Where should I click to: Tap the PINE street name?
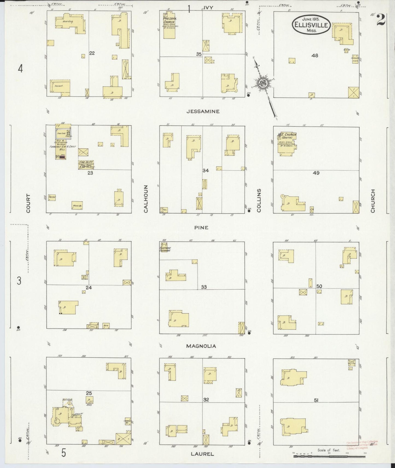point(201,227)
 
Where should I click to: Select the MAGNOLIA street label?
point(201,346)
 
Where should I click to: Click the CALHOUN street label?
point(146,199)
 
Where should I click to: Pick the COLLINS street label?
point(259,200)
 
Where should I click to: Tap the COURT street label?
point(28,203)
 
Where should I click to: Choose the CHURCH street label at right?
point(373,201)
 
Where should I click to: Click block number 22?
point(92,53)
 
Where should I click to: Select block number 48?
point(315,55)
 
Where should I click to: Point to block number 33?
point(204,287)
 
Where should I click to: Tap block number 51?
point(316,400)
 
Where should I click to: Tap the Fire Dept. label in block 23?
point(86,162)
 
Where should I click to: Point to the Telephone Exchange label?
point(165,249)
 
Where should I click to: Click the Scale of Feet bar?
point(329,456)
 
